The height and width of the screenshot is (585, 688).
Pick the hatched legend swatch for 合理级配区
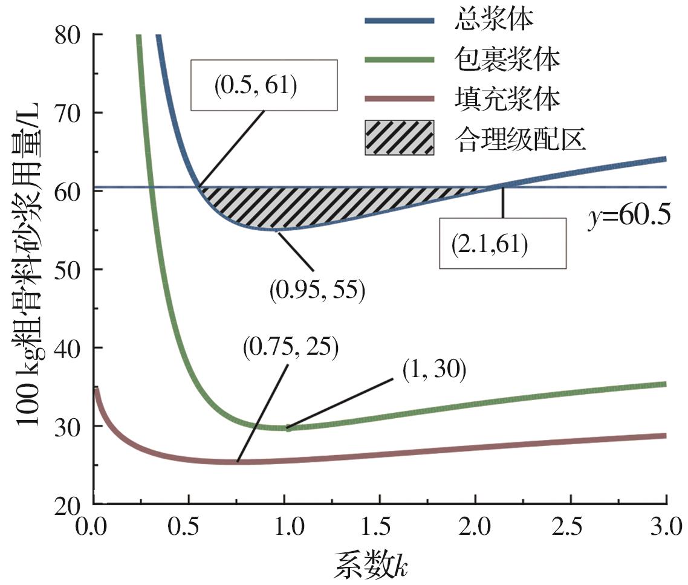pyautogui.click(x=399, y=138)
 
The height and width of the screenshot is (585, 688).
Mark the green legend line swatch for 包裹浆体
pyautogui.click(x=399, y=59)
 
